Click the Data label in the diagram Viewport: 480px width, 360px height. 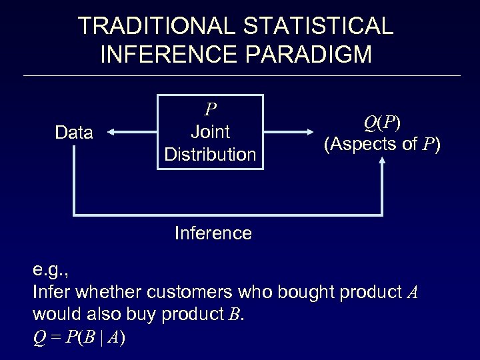click(x=74, y=133)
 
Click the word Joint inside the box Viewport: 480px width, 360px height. click(x=210, y=132)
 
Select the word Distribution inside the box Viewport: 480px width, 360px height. click(x=210, y=155)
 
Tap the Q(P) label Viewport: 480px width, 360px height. click(x=382, y=123)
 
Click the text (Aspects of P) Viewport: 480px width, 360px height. click(x=382, y=145)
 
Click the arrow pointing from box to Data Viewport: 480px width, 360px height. click(x=131, y=133)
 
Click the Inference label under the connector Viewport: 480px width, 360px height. click(x=213, y=233)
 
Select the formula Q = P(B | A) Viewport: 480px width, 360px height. click(x=79, y=338)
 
